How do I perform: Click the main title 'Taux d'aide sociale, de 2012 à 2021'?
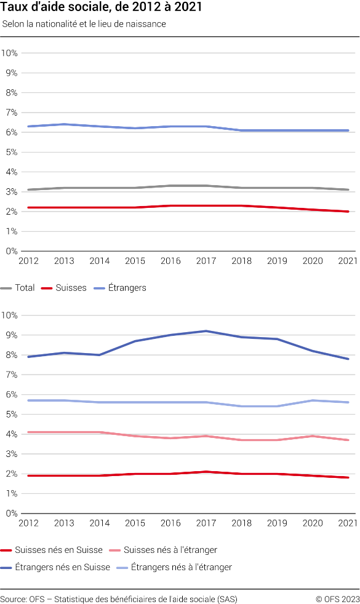pos(102,8)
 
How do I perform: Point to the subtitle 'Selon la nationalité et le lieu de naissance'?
pos(84,25)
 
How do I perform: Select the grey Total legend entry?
pos(18,288)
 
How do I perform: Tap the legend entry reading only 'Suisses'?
pos(64,288)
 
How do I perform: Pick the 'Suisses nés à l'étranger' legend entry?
pos(163,550)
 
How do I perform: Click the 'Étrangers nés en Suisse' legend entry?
pos(55,567)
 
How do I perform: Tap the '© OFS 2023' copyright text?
pos(337,599)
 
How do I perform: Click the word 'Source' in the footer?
pos(13,599)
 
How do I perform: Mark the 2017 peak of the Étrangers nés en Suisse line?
pos(206,331)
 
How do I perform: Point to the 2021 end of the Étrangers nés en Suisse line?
pos(348,359)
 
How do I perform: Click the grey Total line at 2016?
pos(170,186)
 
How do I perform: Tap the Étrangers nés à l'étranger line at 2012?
pos(28,400)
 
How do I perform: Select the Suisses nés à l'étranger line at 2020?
pos(313,436)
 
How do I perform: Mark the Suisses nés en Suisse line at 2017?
pos(206,472)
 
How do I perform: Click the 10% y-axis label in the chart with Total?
pos(9,53)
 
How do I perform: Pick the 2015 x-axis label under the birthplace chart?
pos(135,523)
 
